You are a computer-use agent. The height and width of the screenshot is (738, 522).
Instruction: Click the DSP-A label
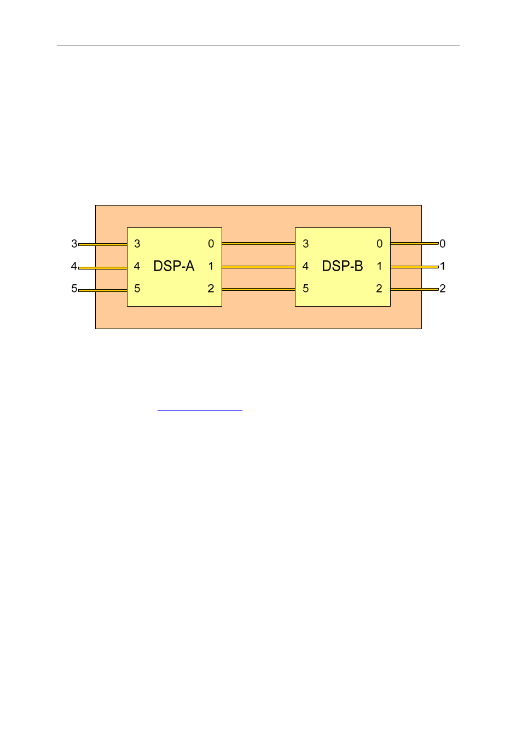(174, 266)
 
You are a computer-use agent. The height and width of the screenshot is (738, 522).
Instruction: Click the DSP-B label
(343, 266)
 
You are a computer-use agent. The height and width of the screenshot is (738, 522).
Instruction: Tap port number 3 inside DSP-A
(137, 244)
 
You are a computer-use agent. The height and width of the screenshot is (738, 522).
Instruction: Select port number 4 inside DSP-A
(137, 266)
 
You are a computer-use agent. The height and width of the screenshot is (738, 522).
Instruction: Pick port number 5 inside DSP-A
(137, 289)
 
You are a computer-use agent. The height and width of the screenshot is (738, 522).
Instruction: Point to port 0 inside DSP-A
(211, 244)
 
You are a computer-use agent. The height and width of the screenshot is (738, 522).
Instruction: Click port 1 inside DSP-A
(211, 266)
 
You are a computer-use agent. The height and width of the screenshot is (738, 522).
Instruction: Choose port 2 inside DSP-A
(211, 289)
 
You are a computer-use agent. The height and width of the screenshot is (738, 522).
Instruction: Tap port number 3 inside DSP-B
(306, 244)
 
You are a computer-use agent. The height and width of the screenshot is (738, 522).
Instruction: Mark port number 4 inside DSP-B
(305, 266)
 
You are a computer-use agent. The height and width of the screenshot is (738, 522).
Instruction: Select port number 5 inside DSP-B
(306, 289)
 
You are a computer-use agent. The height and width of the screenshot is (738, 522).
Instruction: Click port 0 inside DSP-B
(380, 244)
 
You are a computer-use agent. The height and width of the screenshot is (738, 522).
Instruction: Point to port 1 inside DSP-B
(380, 266)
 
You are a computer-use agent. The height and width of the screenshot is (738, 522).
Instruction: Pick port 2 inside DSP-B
(379, 289)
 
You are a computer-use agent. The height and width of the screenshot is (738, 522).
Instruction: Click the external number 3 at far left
(74, 244)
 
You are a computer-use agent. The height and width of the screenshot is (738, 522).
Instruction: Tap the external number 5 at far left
(74, 289)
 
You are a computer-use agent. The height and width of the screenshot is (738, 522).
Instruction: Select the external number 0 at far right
(443, 244)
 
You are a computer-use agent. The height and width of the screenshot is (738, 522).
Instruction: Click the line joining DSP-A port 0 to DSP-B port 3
(258, 243)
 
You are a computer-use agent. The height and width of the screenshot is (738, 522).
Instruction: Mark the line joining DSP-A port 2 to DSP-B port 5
(258, 289)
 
